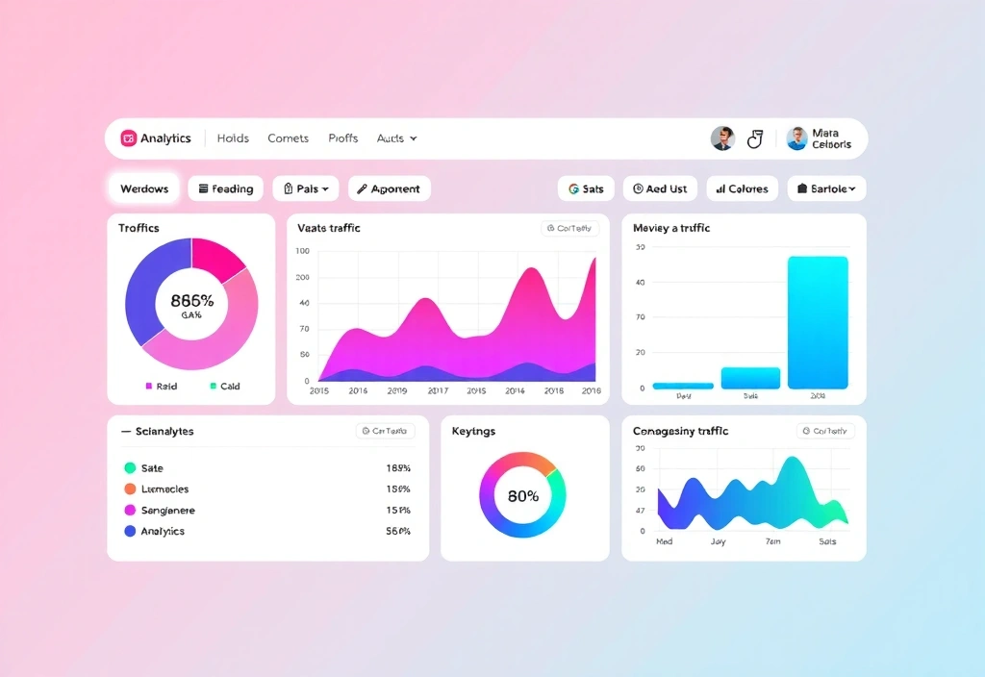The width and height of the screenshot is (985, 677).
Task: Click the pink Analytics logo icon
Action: [129, 138]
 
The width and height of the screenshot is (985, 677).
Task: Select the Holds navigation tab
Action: [233, 138]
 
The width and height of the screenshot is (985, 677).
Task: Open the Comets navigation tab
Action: [289, 138]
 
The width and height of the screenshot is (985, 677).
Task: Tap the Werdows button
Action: [144, 188]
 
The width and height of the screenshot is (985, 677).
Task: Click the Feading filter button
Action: [226, 188]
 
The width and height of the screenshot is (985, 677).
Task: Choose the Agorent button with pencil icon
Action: [390, 188]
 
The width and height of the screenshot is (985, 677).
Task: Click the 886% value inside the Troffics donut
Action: [191, 300]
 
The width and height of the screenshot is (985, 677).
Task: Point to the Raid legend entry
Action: [161, 386]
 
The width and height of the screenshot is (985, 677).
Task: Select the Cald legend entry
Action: [224, 386]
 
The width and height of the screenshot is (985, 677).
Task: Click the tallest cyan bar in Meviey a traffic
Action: [818, 322]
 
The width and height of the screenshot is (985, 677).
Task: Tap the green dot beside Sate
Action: [130, 468]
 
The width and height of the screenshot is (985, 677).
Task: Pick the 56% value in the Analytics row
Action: [398, 531]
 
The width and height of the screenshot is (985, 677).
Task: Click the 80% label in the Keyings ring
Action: [523, 496]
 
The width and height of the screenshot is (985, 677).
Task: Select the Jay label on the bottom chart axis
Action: [718, 541]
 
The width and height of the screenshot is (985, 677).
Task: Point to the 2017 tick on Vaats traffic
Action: [438, 391]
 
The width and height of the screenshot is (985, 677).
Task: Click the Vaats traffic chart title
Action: [329, 228]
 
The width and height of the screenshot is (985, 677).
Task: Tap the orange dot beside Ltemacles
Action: [130, 489]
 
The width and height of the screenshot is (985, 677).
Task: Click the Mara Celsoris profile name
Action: [831, 138]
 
